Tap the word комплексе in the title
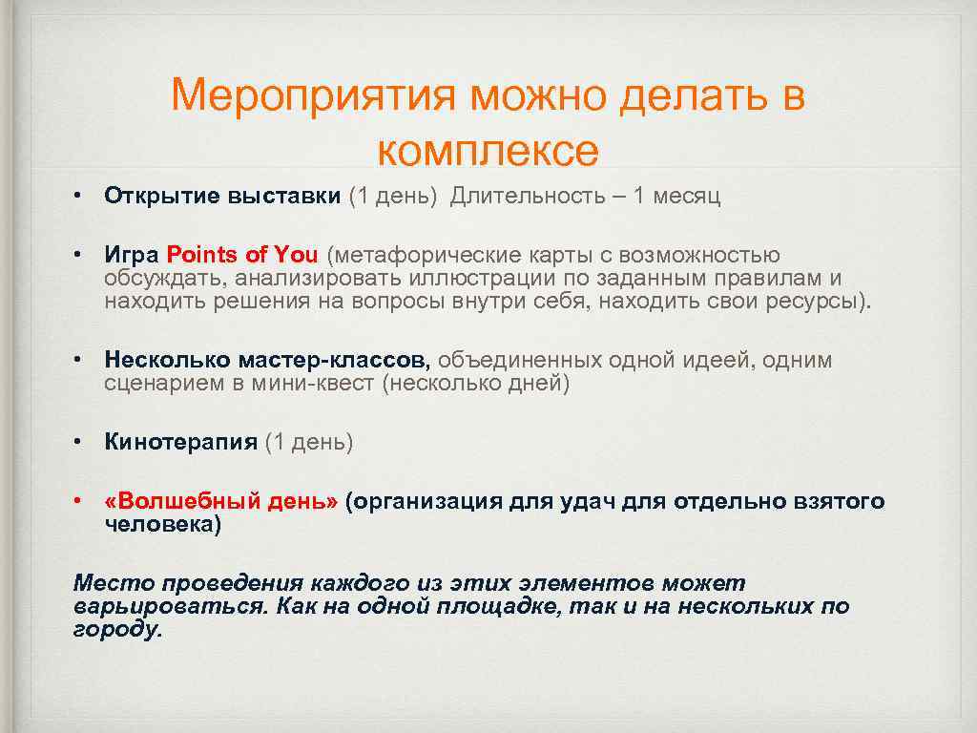tap(488, 150)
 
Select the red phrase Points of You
tap(242, 255)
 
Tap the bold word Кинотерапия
tap(181, 442)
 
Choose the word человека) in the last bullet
tap(162, 525)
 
